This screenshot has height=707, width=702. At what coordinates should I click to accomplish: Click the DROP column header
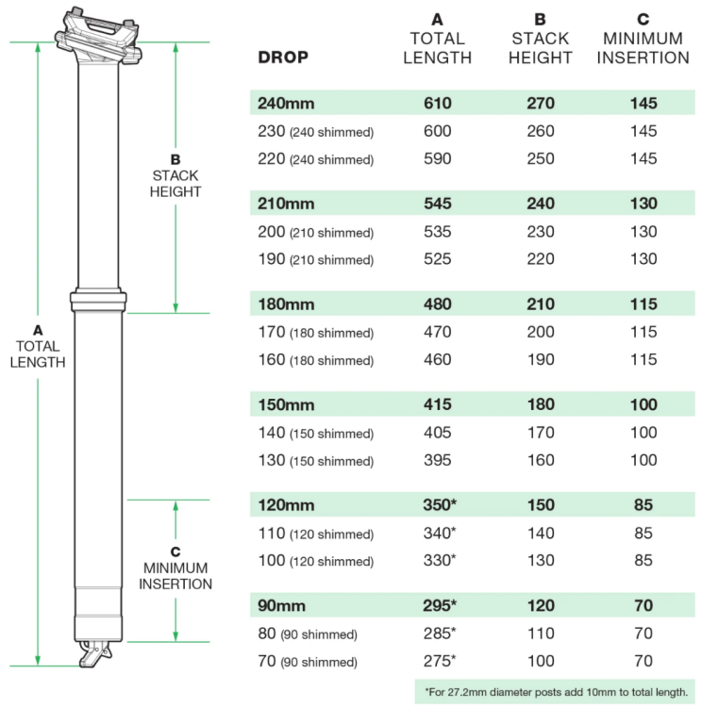click(x=283, y=57)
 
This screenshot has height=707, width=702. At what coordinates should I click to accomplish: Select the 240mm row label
click(x=286, y=103)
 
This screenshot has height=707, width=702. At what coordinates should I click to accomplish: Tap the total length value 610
click(x=437, y=103)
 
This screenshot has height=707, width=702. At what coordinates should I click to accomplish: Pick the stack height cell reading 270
click(x=541, y=103)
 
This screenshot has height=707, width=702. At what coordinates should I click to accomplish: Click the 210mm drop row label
click(x=286, y=204)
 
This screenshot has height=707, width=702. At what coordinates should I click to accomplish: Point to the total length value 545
click(x=437, y=204)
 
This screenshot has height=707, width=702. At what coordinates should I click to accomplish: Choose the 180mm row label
click(x=286, y=304)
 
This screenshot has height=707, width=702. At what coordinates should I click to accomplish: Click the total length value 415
click(x=437, y=404)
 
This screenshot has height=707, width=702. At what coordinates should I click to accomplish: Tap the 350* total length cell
click(x=440, y=505)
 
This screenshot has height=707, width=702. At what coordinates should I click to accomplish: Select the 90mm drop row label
click(x=282, y=605)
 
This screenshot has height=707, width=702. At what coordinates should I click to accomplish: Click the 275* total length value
click(x=440, y=662)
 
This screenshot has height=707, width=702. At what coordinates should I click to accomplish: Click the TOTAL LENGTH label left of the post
click(x=38, y=346)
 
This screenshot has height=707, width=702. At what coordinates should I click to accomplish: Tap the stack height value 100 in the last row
click(x=541, y=662)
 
